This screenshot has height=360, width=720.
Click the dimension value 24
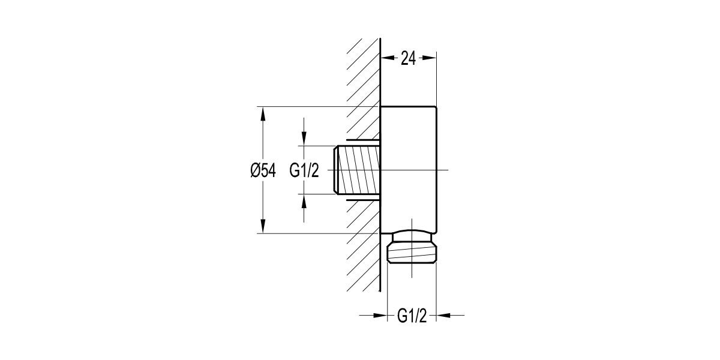(408, 58)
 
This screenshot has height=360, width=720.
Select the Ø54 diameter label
(263, 170)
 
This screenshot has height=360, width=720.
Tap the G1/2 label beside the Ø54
(304, 170)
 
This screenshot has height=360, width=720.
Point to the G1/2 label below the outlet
(412, 316)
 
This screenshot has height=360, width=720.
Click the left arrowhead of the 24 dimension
(388, 58)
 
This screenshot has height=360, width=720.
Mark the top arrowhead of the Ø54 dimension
(262, 114)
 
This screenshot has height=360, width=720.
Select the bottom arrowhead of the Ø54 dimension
(262, 226)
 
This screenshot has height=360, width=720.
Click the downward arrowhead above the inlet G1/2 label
(304, 139)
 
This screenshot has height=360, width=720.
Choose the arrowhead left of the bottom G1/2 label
(380, 315)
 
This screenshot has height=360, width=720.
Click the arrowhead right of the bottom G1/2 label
(443, 315)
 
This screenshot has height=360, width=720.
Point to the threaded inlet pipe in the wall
(358, 170)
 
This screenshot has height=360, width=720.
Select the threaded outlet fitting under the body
(412, 249)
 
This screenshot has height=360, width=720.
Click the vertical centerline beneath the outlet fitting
(412, 270)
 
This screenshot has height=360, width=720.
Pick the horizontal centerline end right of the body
(444, 170)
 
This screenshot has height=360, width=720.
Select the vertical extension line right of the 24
(436, 78)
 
